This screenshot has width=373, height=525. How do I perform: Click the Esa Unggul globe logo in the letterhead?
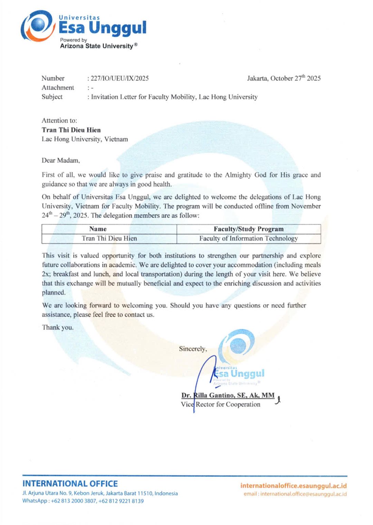[37, 26]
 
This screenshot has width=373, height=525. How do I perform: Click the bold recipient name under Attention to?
[71, 130]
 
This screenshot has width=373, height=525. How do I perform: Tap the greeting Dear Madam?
[61, 160]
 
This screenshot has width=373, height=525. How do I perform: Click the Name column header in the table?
[98, 229]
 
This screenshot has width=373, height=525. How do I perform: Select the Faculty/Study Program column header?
[248, 229]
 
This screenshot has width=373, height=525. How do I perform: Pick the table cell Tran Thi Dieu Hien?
[109, 238]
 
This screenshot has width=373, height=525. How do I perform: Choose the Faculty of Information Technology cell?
[248, 238]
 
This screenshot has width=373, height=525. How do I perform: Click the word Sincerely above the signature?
[193, 349]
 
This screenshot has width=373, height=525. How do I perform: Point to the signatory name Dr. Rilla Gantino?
[228, 395]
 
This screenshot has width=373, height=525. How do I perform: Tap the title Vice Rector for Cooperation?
[221, 404]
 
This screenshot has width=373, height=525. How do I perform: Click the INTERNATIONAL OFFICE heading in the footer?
[70, 484]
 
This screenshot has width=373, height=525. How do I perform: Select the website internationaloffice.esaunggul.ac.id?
[294, 486]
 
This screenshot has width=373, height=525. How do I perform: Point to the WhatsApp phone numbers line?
[83, 501]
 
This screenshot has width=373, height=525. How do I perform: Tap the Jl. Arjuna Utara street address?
[100, 493]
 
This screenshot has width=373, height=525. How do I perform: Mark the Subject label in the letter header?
[52, 97]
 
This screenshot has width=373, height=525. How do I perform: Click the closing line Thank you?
[58, 327]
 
